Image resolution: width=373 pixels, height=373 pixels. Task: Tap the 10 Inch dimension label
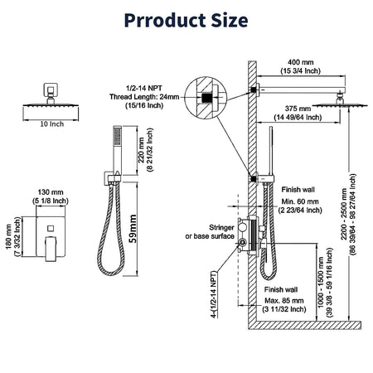point(52,124)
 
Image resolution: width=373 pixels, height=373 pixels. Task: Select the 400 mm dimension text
point(301,62)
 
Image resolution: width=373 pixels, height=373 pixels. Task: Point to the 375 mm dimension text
point(298,109)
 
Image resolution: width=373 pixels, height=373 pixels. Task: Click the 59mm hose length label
point(133,229)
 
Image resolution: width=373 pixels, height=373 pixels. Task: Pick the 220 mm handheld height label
point(141,150)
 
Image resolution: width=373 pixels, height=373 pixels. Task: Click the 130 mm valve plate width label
point(51,192)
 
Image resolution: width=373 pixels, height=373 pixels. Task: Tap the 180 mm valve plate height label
point(8,236)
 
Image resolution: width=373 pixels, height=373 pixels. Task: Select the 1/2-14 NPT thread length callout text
point(144,97)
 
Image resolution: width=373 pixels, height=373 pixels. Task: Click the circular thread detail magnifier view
point(206,98)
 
